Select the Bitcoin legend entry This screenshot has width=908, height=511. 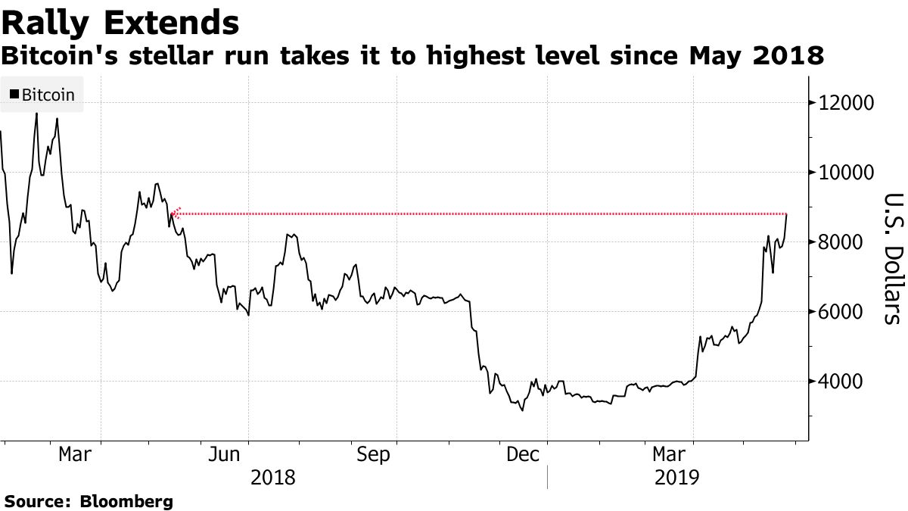[42, 95]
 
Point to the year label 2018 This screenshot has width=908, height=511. [273, 478]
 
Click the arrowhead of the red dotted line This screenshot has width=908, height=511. [175, 214]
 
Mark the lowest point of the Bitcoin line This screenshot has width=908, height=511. [522, 411]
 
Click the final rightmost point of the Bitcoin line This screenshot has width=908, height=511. [787, 215]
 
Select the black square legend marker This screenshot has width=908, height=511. [14, 95]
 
